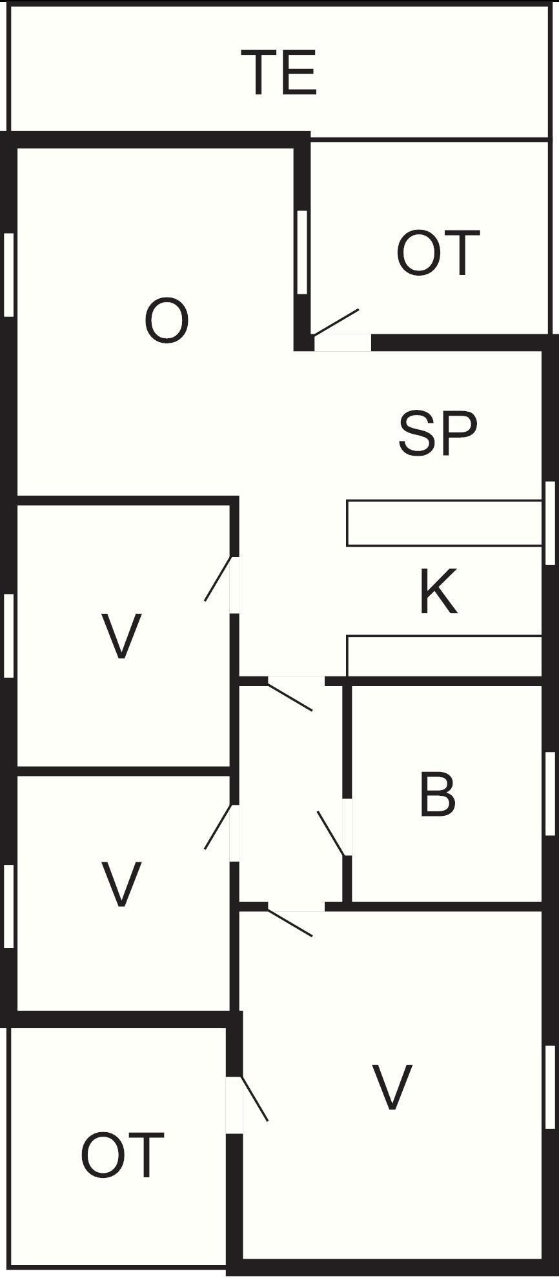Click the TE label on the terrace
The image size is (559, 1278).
pyautogui.click(x=279, y=73)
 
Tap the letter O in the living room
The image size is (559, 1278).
pyautogui.click(x=167, y=321)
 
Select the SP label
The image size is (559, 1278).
pyautogui.click(x=438, y=433)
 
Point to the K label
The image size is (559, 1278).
pyautogui.click(x=438, y=591)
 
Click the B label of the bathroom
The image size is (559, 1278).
pyautogui.click(x=437, y=794)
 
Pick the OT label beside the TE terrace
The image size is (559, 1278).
pyautogui.click(x=438, y=253)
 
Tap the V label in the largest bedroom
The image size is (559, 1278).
pyautogui.click(x=392, y=1088)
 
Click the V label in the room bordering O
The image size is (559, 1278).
pyautogui.click(x=121, y=636)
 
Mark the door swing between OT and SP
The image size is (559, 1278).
pyautogui.click(x=336, y=322)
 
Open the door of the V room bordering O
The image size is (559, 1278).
pyautogui.click(x=218, y=578)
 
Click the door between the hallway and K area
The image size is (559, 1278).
pyautogui.click(x=290, y=697)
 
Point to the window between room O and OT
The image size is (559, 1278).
pyautogui.click(x=302, y=252)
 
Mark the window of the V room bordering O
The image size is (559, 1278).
pyautogui.click(x=8, y=636)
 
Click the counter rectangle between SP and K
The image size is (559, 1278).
pyautogui.click(x=444, y=523)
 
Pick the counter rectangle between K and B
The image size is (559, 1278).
pyautogui.click(x=444, y=656)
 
